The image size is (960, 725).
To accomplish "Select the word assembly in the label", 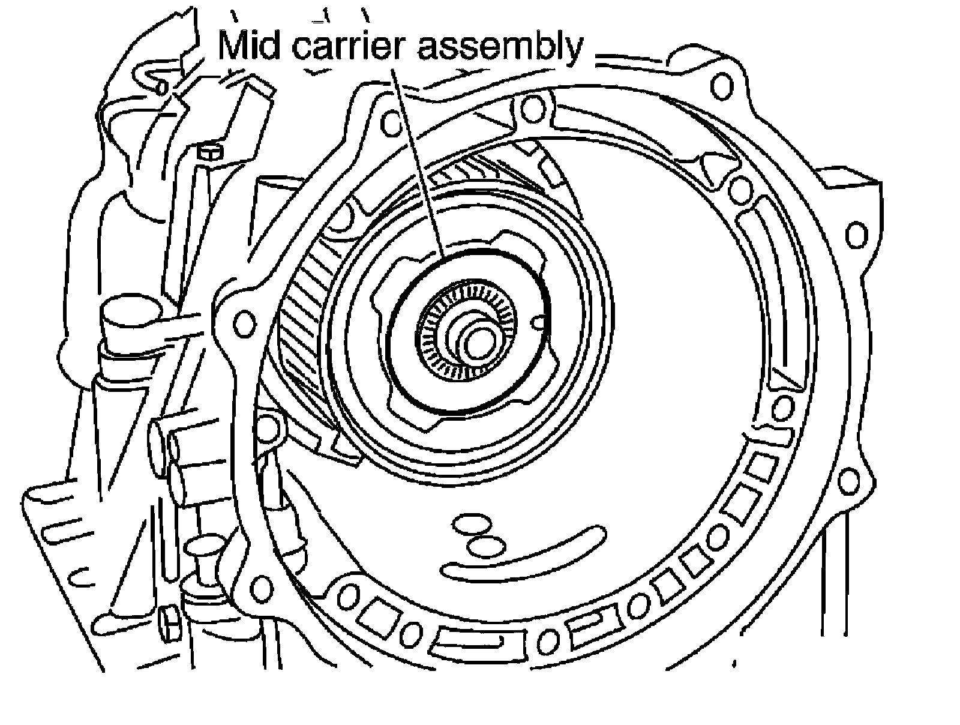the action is coord(500,47).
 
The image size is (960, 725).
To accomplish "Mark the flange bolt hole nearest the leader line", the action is coord(392,124).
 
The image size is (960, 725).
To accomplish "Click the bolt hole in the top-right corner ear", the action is coord(721,86).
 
